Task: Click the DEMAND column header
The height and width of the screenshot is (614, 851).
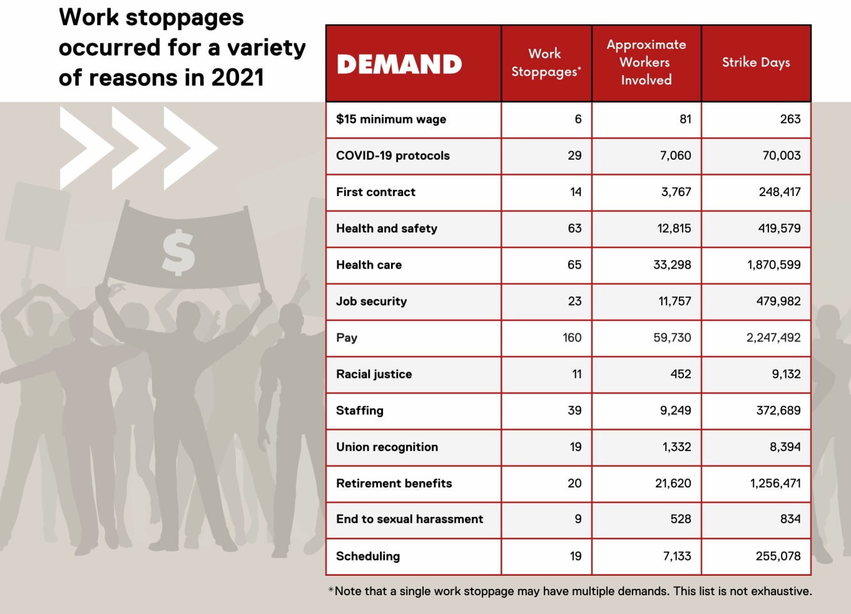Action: click(399, 64)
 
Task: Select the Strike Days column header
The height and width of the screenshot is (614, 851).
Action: click(756, 62)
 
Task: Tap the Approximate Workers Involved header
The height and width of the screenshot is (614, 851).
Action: click(646, 62)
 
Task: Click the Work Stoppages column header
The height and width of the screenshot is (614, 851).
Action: click(546, 63)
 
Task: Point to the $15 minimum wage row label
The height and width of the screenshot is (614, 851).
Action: click(391, 119)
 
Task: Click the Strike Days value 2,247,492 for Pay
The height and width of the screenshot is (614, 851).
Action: click(773, 338)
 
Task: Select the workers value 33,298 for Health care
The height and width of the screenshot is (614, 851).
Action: click(672, 265)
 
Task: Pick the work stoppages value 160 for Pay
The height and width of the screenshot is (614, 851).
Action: click(572, 338)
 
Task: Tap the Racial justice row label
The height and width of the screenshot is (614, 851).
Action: click(374, 374)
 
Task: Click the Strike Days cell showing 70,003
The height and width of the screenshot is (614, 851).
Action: click(781, 155)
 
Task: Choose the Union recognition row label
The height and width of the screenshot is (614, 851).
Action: click(387, 447)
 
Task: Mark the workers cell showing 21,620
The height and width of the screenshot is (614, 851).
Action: click(673, 483)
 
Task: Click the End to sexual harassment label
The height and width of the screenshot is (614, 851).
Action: click(409, 519)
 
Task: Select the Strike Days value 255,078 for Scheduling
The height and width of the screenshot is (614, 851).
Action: click(778, 556)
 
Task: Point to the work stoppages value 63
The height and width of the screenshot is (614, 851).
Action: click(574, 228)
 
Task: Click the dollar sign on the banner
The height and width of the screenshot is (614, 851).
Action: click(178, 252)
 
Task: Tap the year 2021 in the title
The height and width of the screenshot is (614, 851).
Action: click(238, 78)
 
